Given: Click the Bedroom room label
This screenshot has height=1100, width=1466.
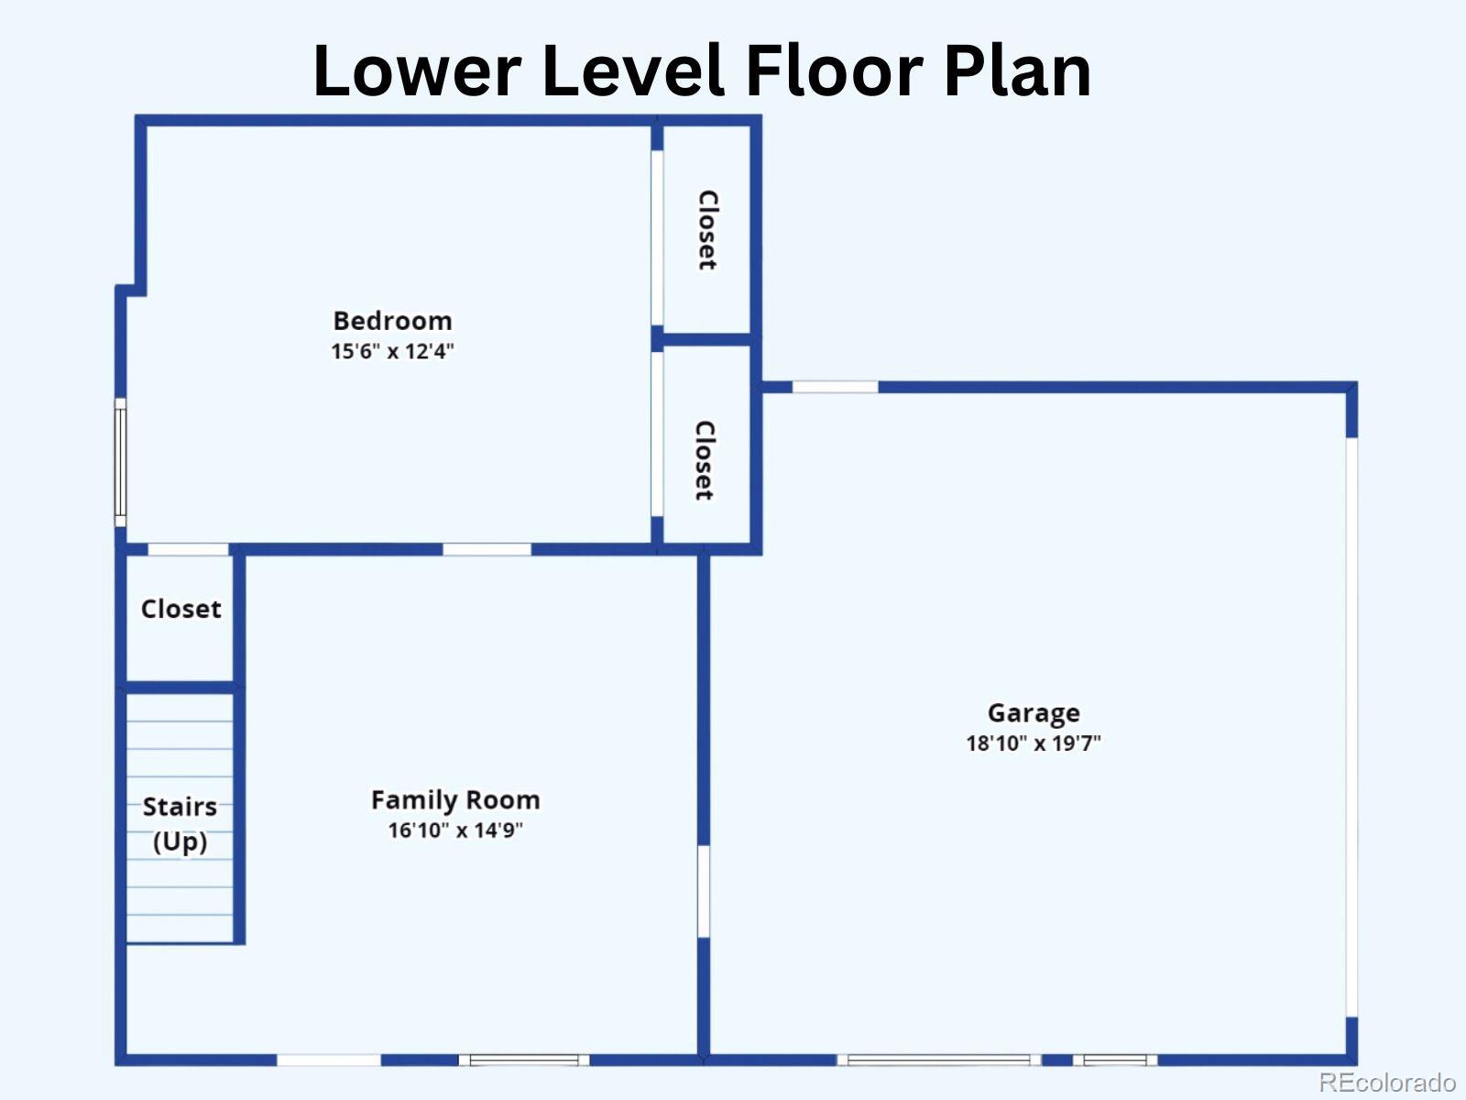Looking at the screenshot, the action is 393,321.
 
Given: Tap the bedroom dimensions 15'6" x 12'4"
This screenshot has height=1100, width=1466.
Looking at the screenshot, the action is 393,351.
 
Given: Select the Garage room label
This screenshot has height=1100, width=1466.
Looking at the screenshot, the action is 1034,713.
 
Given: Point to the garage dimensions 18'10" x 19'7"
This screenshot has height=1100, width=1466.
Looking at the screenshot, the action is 1034,743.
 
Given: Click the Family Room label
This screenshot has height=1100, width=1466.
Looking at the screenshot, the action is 455,800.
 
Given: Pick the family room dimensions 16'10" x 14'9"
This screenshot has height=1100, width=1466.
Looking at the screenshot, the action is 455,830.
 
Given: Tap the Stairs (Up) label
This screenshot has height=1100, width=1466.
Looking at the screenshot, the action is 180,823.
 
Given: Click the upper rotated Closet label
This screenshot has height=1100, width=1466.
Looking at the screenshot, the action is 707,230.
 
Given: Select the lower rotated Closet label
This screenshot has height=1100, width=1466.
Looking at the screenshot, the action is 705,460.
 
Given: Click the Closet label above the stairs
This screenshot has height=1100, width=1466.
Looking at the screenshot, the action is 181,609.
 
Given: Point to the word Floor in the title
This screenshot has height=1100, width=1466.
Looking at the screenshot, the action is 834,71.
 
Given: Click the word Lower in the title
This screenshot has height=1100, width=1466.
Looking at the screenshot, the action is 418,71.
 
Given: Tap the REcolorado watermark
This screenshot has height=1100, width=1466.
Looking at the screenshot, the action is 1388,1081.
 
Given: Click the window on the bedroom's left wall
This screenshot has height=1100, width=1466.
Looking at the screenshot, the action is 120,463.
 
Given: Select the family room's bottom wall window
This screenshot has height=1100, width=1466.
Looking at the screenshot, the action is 524,1060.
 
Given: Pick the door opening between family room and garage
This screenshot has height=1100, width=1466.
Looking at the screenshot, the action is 704,892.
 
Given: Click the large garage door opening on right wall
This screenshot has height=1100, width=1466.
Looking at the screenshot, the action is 1351,727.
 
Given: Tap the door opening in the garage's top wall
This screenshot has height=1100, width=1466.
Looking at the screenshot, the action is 835,387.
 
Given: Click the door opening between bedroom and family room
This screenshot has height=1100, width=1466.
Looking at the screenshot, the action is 487,549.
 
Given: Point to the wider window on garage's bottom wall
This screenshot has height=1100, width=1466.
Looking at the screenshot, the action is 939,1060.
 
